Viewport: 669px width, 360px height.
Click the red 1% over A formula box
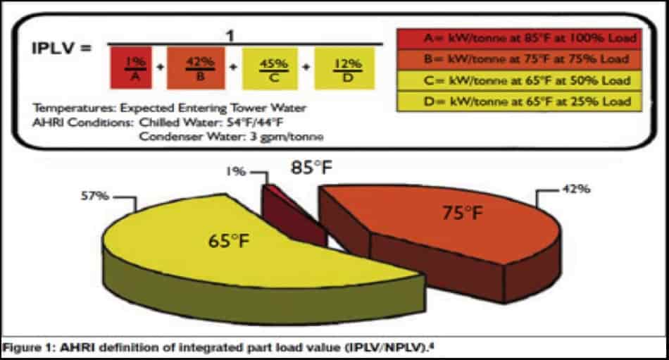pyautogui.click(x=131, y=68)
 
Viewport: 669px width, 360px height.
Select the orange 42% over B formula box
pyautogui.click(x=196, y=68)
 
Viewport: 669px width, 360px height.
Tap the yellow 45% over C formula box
pyautogui.click(x=270, y=68)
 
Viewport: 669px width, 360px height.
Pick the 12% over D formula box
pyautogui.click(x=345, y=68)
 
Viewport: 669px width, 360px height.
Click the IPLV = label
pyautogui.click(x=62, y=48)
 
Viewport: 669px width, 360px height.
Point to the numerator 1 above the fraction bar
pyautogui.click(x=230, y=36)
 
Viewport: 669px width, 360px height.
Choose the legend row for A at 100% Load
pyautogui.click(x=519, y=39)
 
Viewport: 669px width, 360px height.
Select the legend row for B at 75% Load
pyautogui.click(x=519, y=60)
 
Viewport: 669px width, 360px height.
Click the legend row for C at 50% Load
pyautogui.click(x=519, y=81)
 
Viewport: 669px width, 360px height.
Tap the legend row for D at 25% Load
pyautogui.click(x=519, y=101)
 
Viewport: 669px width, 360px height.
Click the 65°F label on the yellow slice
pyautogui.click(x=229, y=241)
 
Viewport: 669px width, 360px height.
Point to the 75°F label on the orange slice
pyautogui.click(x=463, y=213)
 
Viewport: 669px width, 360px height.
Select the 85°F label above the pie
pyautogui.click(x=311, y=168)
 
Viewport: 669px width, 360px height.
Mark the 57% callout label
pyautogui.click(x=95, y=196)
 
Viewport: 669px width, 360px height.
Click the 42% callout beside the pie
pyautogui.click(x=577, y=189)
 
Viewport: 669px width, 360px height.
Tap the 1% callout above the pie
pyautogui.click(x=235, y=172)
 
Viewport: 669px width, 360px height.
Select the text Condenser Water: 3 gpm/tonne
pyautogui.click(x=231, y=137)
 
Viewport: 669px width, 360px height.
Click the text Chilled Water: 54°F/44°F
pyautogui.click(x=212, y=123)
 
